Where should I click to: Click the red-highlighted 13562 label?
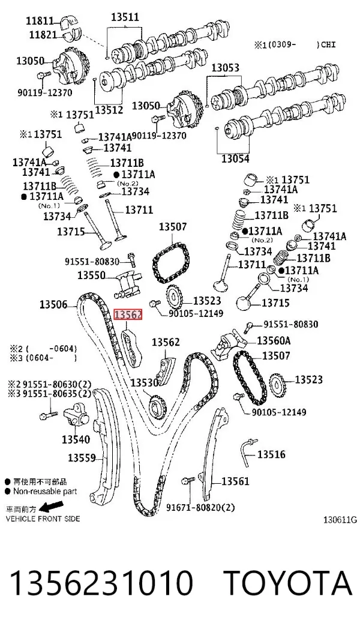[128, 314]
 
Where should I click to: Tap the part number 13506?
[53, 304]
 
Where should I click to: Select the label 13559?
[82, 457]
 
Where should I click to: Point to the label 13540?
[76, 439]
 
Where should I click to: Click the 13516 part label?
[271, 454]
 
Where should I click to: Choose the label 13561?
[235, 481]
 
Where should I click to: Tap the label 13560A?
[274, 341]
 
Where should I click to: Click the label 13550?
[92, 275]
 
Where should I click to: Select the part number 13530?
[145, 382]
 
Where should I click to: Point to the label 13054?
[235, 159]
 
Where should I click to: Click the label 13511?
[125, 17]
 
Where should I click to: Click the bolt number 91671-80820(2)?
[200, 507]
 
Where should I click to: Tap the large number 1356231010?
[101, 583]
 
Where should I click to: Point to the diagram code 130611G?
[340, 520]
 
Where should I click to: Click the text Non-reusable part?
[45, 492]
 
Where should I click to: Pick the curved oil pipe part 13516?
[248, 450]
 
